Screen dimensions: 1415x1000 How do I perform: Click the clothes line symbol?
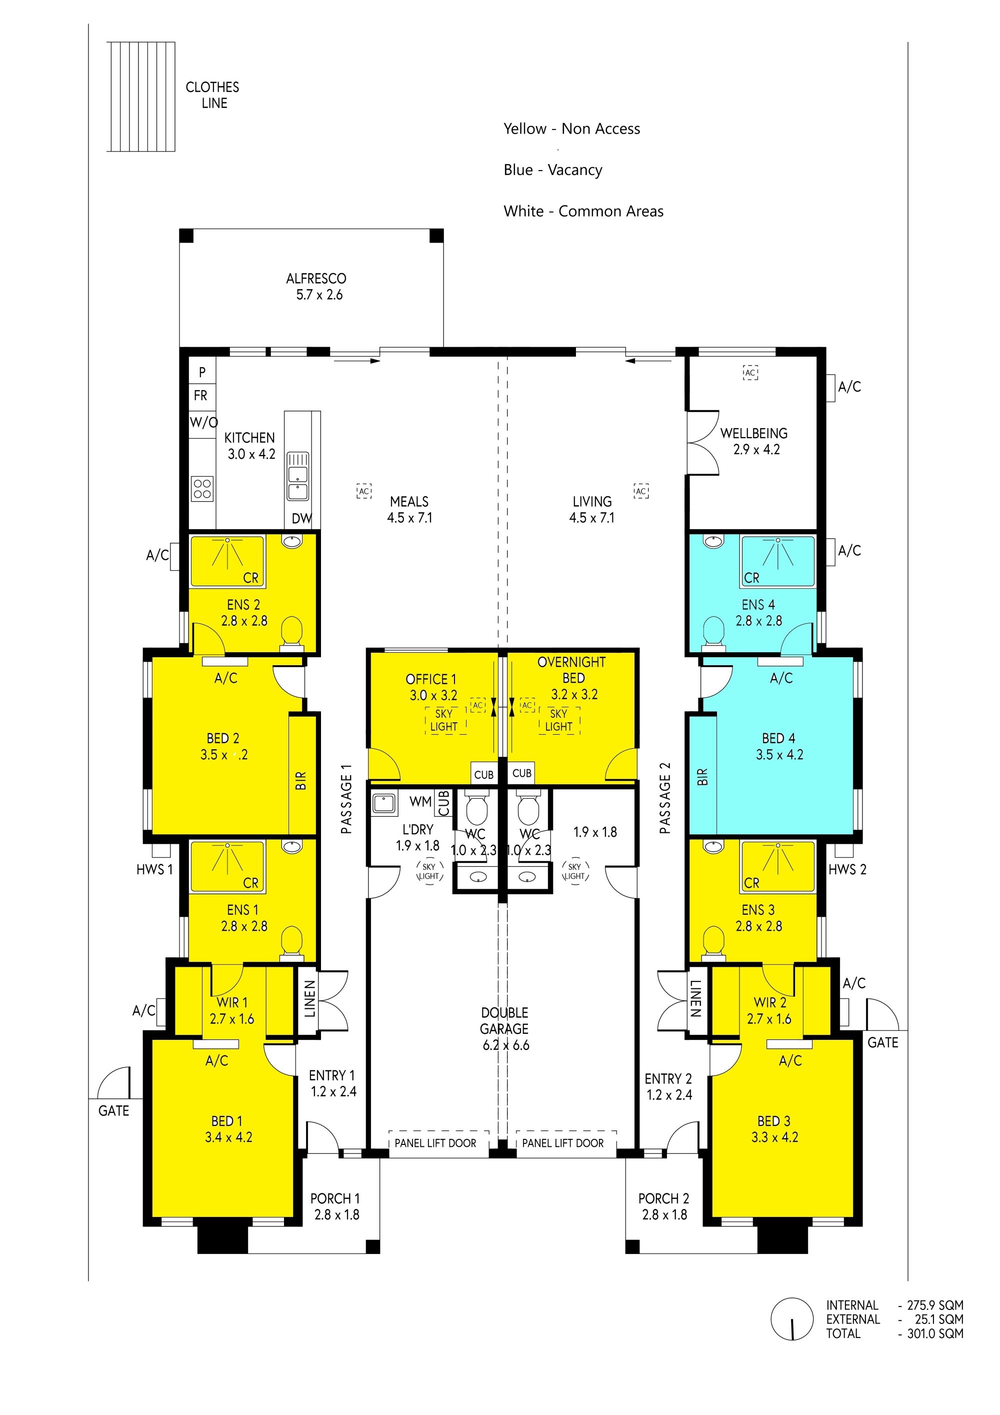coord(141,97)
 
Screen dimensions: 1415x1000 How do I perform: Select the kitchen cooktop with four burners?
coord(202,489)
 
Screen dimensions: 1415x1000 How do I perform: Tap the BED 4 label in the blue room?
coord(779,738)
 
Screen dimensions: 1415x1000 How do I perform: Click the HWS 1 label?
coord(154,870)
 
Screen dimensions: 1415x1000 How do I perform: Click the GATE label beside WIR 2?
coord(882,1043)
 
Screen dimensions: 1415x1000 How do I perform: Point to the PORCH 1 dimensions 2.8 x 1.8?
coord(336,1215)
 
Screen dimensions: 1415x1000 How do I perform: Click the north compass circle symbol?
coord(791,1319)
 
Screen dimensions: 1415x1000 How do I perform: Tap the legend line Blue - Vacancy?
coord(552,170)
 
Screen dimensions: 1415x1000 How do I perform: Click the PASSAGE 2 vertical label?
coord(665,798)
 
